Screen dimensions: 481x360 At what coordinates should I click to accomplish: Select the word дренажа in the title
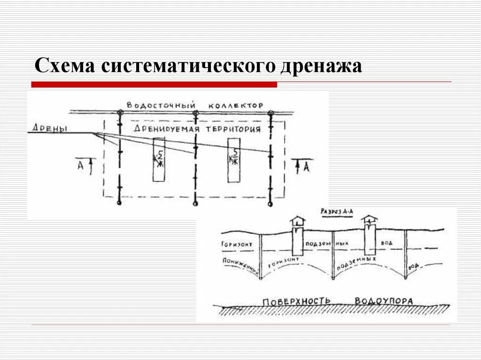click(x=321, y=66)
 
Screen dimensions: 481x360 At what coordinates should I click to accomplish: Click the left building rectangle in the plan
click(x=159, y=160)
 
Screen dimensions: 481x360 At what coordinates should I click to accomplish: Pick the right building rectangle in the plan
click(x=233, y=160)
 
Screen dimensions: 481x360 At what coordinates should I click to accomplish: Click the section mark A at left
click(x=81, y=165)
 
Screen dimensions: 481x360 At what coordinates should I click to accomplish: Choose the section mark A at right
click(x=305, y=166)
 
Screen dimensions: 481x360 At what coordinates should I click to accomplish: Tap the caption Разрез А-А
click(x=337, y=212)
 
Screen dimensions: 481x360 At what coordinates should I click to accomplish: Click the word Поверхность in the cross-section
click(x=296, y=300)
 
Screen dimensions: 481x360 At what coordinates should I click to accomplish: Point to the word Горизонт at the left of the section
click(x=235, y=245)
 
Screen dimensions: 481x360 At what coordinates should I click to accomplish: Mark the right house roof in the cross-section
click(x=371, y=218)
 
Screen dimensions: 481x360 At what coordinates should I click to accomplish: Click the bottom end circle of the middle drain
click(x=195, y=204)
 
